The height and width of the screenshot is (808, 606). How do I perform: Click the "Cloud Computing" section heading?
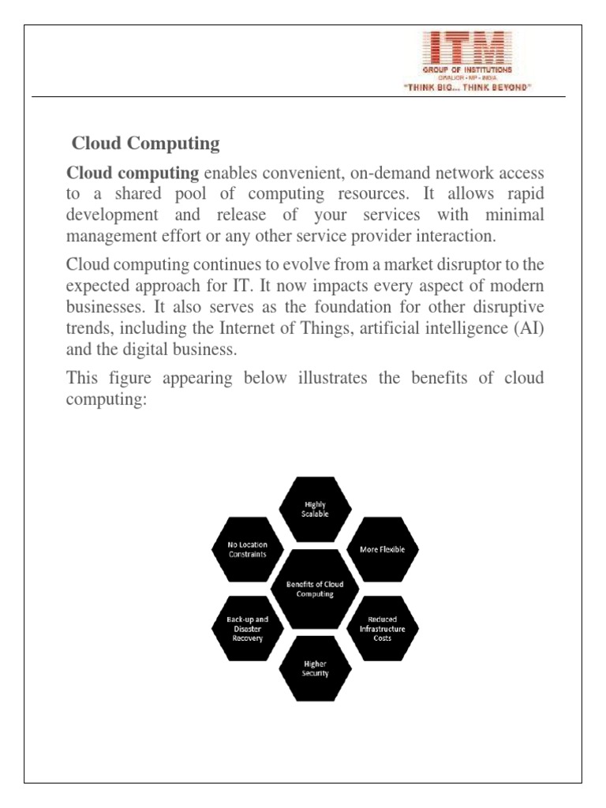click(145, 144)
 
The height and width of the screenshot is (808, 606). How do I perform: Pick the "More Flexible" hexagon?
click(382, 549)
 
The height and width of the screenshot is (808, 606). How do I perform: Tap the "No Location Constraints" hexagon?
click(247, 549)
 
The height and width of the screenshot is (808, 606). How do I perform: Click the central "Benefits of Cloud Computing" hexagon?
click(314, 589)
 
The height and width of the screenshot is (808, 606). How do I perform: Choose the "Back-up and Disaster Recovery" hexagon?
click(247, 629)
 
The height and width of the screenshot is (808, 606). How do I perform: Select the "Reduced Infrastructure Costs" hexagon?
click(382, 629)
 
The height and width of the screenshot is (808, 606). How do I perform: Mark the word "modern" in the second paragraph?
click(513, 284)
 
